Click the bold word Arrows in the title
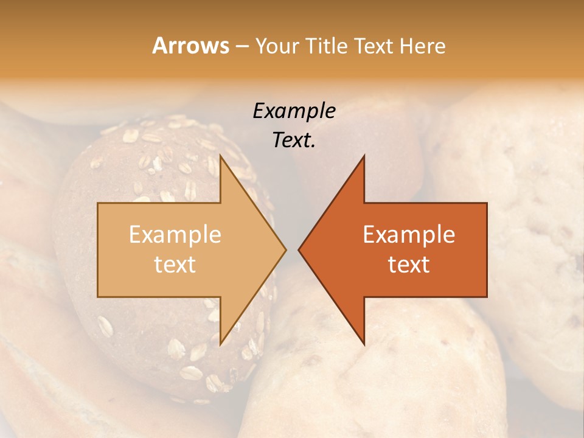click(x=190, y=46)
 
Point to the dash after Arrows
click(x=242, y=47)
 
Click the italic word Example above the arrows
click(x=294, y=111)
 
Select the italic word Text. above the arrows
click(x=294, y=140)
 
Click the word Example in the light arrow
click(x=175, y=235)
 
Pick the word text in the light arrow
click(x=175, y=265)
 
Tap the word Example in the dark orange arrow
click(x=409, y=235)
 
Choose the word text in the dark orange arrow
click(x=409, y=265)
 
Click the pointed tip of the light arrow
click(x=287, y=249)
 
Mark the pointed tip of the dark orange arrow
click(x=298, y=249)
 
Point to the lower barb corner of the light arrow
click(x=221, y=344)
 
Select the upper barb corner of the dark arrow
click(x=364, y=155)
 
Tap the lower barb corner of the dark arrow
click(x=364, y=344)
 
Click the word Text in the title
click(x=372, y=46)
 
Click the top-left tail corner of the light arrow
click(x=98, y=203)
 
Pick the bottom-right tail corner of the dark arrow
click(x=487, y=296)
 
